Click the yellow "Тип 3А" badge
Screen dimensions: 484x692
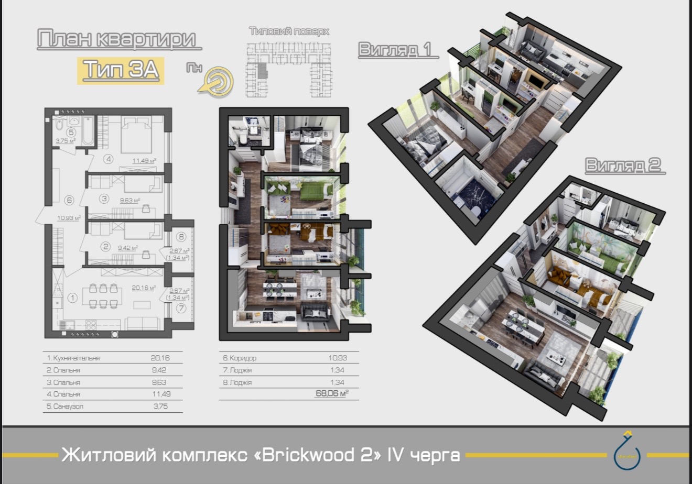coord(121,70)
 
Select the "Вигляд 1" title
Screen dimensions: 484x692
coord(395,49)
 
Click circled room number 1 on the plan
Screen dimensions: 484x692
coord(72,298)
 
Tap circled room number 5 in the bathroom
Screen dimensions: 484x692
coord(71,133)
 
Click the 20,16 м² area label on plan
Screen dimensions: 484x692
coord(144,288)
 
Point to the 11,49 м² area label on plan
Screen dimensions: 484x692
coord(144,161)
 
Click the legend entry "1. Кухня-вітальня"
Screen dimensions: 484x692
coord(73,358)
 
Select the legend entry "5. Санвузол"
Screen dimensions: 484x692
coord(65,406)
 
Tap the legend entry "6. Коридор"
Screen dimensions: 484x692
coord(240,358)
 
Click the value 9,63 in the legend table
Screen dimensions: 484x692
coord(159,382)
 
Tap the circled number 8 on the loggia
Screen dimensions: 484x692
coord(181,237)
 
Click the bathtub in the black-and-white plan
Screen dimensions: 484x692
coord(88,131)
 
